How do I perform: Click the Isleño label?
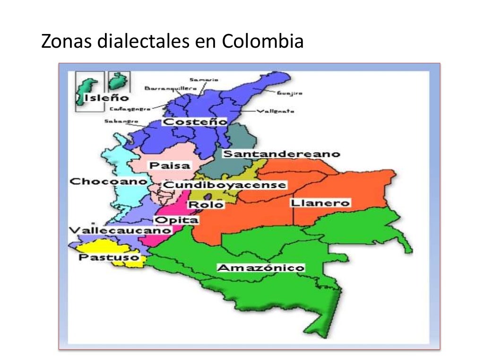click(x=106, y=98)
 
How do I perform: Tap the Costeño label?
click(x=195, y=122)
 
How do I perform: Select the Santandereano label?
click(x=281, y=154)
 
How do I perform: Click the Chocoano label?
click(x=108, y=181)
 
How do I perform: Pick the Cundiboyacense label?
click(x=225, y=185)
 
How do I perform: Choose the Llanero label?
click(x=320, y=203)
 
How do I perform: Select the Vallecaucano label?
click(x=120, y=230)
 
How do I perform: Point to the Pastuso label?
click(x=109, y=258)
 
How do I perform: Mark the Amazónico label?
click(x=260, y=268)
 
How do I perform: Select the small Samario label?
click(x=203, y=79)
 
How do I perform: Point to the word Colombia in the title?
click(x=262, y=42)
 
